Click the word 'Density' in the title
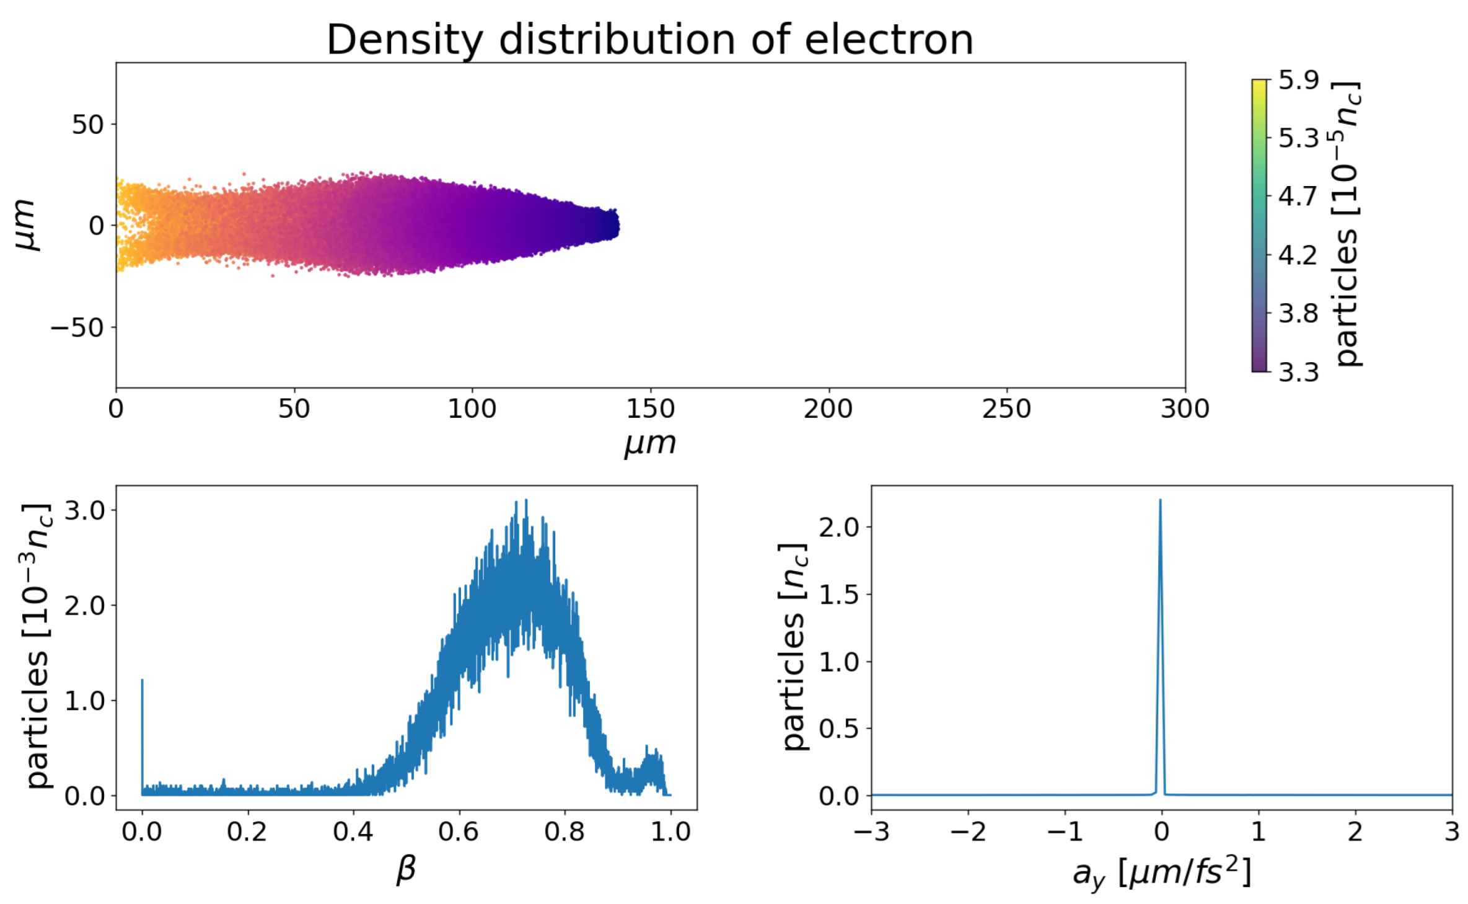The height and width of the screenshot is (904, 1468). click(x=404, y=41)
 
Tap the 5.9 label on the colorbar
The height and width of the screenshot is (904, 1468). click(x=1299, y=80)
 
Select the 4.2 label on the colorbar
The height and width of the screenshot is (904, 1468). click(x=1299, y=255)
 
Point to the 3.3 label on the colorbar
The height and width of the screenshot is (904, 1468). click(x=1299, y=372)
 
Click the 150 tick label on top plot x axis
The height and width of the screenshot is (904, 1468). click(x=650, y=409)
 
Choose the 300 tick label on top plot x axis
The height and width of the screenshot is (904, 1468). click(x=1184, y=409)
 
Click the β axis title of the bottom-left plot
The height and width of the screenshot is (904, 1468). click(x=405, y=868)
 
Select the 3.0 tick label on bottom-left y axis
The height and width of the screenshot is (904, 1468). click(x=85, y=511)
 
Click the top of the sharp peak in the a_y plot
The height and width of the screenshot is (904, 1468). click(x=1160, y=501)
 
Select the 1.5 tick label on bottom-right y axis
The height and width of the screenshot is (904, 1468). click(x=839, y=595)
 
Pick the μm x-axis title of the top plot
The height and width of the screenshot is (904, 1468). click(x=649, y=443)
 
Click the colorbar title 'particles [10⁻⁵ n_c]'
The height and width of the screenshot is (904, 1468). click(x=1347, y=223)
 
